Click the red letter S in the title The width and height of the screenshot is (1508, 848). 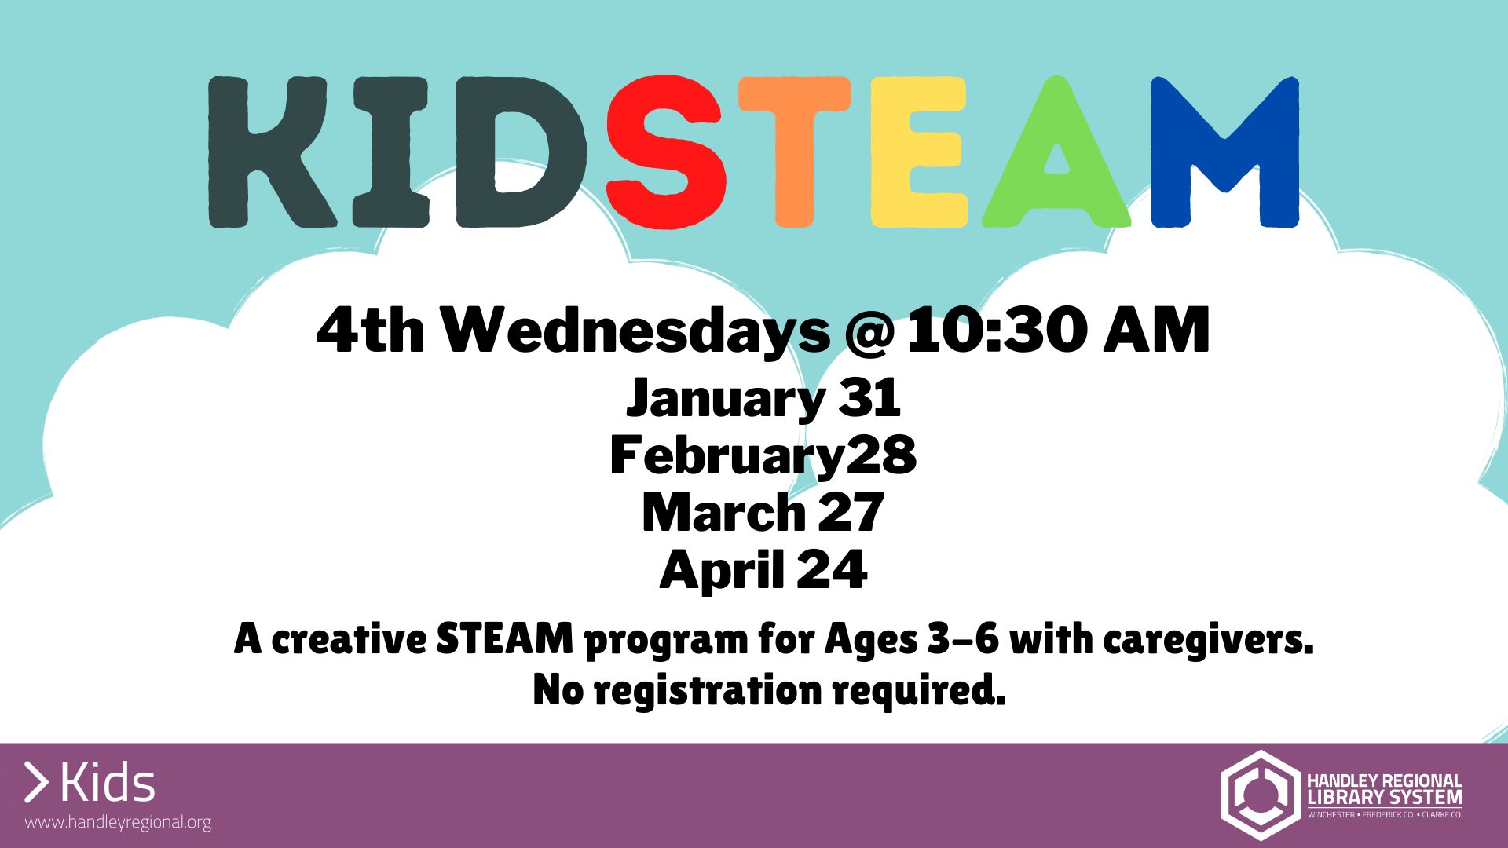[x=665, y=152]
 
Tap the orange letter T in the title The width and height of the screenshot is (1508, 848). [x=794, y=152]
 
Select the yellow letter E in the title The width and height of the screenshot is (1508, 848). [x=917, y=152]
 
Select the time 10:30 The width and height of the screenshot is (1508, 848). [x=997, y=331]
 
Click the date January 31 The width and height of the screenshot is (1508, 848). [x=763, y=399]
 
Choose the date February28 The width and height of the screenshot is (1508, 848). [x=763, y=455]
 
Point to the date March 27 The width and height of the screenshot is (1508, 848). [x=763, y=513]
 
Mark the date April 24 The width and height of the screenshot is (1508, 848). [x=763, y=570]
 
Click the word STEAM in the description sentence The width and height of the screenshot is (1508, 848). [x=505, y=638]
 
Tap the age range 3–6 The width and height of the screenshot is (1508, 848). [x=963, y=638]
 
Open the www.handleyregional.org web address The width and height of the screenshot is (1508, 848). [x=118, y=823]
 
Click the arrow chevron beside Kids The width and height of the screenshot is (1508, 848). [x=36, y=783]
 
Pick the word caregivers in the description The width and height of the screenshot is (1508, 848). [x=1208, y=640]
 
